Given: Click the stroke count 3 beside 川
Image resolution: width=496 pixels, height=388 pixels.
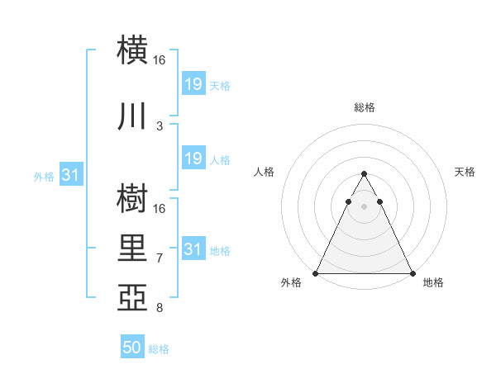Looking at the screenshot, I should coord(160,125).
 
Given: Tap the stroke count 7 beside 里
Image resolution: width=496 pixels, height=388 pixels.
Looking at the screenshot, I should coord(160,258).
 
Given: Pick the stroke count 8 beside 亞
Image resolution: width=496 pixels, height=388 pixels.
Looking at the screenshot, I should coord(160,308).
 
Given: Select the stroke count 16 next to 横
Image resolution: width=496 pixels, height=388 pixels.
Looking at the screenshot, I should coord(160,60).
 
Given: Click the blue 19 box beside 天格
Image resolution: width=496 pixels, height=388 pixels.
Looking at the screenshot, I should coord(193,84).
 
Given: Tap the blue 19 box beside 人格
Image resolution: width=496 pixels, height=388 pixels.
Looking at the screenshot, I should coord(193,159).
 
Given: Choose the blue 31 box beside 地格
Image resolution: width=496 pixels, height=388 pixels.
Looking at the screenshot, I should coord(193,249).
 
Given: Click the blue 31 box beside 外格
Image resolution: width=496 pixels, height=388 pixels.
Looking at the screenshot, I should coord(70,176).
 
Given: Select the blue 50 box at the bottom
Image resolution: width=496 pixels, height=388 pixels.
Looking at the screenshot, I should coord(132,348).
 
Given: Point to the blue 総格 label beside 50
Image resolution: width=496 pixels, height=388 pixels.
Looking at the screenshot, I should coord(159,349).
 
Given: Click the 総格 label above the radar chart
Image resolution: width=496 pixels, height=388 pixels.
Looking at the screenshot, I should coord(364,107).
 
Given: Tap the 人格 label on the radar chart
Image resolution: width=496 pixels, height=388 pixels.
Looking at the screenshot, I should coord(264,172).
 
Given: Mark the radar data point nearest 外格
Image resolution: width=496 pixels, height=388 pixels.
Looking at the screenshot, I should coord(315,273).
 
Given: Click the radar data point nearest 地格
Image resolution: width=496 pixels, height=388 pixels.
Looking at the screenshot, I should coord(413,273).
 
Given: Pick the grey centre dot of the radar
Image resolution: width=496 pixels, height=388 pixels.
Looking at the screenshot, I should coord(364,206).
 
